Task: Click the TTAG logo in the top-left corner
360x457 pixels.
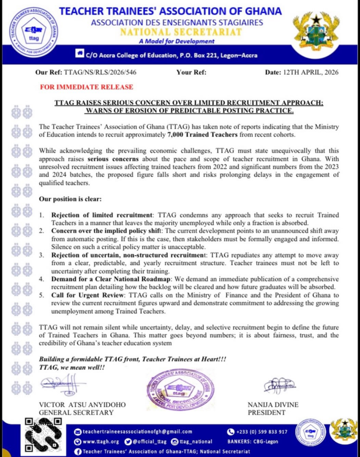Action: pyautogui.click(x=33, y=31)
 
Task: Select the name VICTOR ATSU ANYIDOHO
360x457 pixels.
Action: pyautogui.click(x=83, y=405)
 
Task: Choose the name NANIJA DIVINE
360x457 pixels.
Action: pyautogui.click(x=273, y=405)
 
